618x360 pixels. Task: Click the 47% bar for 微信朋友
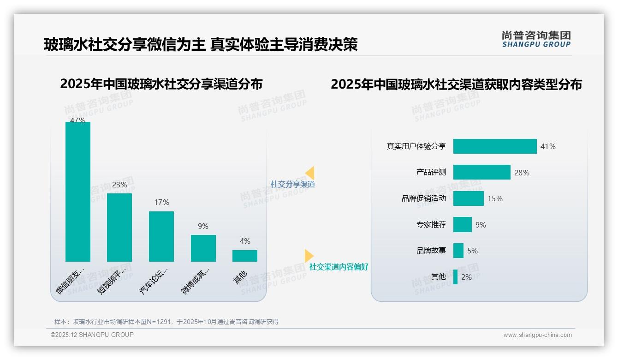[x=78, y=192]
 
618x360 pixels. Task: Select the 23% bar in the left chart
[x=119, y=227]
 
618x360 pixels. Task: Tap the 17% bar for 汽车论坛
[x=161, y=236]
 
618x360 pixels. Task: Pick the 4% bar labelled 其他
[x=245, y=256]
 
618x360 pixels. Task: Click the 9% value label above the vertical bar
[x=203, y=226]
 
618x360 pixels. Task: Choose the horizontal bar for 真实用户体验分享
[x=495, y=146]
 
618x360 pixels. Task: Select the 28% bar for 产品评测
[x=481, y=172]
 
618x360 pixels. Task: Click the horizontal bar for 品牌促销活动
[x=468, y=198]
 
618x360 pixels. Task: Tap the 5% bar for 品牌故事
[x=458, y=251]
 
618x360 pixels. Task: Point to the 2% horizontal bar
[x=455, y=277]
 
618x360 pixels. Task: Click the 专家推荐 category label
[x=431, y=225]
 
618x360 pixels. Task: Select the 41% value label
[x=548, y=146]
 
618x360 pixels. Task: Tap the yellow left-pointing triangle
[x=310, y=173]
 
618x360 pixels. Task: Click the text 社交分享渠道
[x=293, y=184]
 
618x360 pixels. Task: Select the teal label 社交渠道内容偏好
[x=339, y=267]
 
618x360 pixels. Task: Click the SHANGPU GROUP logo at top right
[x=536, y=39]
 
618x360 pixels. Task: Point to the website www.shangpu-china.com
[x=537, y=335]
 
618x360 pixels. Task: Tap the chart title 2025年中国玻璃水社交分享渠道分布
[x=161, y=84]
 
